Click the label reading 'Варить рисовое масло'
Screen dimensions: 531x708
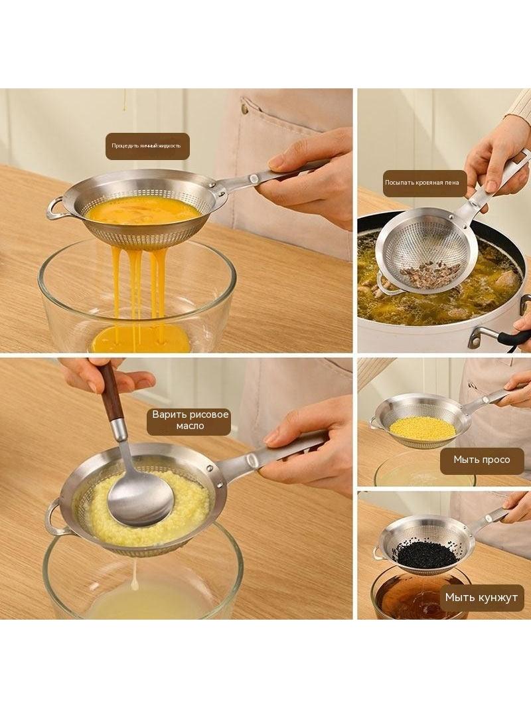[x=189, y=420]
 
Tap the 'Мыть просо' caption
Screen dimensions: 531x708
[x=482, y=460]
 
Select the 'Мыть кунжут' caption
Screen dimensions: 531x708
[x=481, y=597]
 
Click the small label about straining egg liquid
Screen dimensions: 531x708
[x=147, y=146]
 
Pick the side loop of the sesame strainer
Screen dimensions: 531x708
[x=376, y=553]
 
